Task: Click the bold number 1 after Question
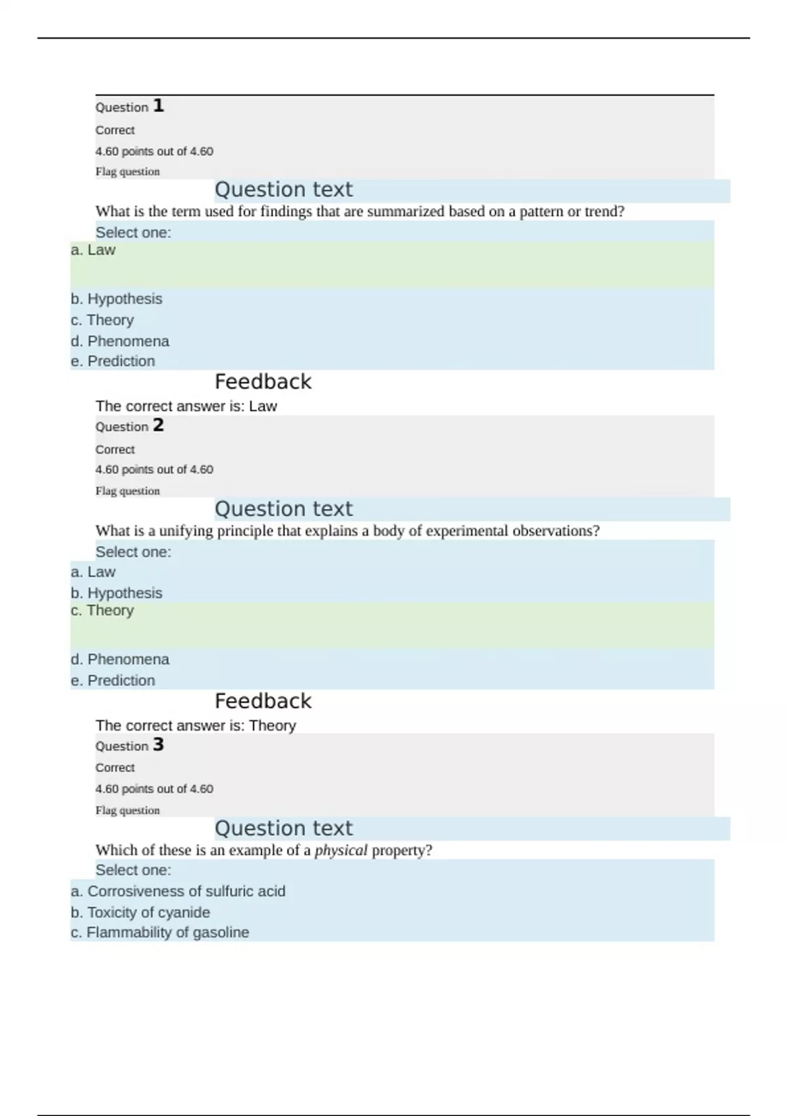pos(158,106)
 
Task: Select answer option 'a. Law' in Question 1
pos(93,250)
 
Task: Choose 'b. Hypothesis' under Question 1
pos(116,299)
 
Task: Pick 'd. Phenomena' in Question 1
pos(120,341)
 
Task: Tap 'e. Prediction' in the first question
pos(113,361)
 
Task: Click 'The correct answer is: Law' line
pos(186,406)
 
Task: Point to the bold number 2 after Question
pos(158,425)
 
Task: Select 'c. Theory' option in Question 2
pos(102,611)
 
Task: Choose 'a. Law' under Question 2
pos(93,572)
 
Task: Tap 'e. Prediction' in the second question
pos(113,681)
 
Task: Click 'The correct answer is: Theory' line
pos(195,725)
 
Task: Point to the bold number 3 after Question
pos(158,744)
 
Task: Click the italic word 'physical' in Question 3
pos(341,851)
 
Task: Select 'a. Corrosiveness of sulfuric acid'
pos(178,891)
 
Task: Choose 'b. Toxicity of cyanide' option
pos(141,912)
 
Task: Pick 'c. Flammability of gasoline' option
pos(160,933)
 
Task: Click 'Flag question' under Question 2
pos(127,491)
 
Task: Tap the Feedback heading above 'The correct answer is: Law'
pos(263,382)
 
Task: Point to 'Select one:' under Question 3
pos(133,870)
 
